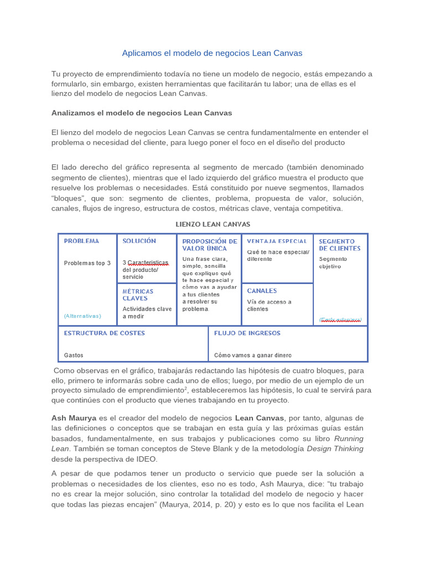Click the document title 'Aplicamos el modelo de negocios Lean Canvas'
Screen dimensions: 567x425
coord(212,53)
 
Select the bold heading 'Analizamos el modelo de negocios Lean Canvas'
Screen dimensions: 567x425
coord(142,112)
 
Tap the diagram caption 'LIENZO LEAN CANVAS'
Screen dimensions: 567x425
coord(212,224)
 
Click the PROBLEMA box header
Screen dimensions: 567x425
coord(81,241)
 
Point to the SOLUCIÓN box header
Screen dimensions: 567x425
coord(139,241)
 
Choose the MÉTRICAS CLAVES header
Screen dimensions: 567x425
coord(138,295)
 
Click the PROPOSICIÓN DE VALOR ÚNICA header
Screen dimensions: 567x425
coord(209,245)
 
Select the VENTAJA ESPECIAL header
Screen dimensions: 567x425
coord(277,241)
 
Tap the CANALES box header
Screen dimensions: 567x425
coord(262,291)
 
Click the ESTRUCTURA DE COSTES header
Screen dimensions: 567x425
coord(104,333)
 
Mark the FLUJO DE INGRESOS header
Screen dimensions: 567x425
coord(247,333)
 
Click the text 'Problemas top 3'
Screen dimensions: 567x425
coord(87,263)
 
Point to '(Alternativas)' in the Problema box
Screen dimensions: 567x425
coord(82,316)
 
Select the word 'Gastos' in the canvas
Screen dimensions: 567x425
coord(73,355)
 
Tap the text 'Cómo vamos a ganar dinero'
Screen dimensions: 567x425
coord(253,355)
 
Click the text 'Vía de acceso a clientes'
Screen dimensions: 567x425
coord(269,305)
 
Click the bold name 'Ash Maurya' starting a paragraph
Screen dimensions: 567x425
coord(73,417)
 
